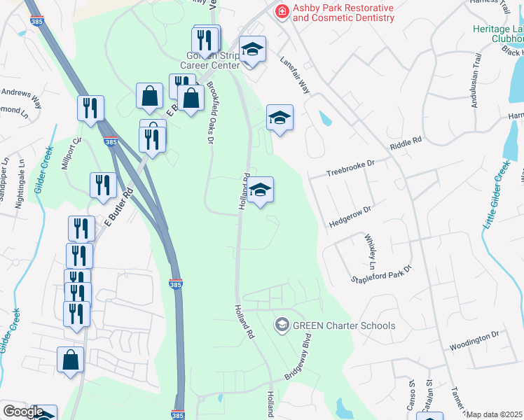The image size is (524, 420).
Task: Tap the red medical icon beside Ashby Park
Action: tap(282, 10)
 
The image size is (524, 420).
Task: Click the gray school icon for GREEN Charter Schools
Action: tap(282, 324)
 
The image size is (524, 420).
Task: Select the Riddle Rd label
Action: tap(406, 144)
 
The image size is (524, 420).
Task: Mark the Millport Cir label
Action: tap(74, 149)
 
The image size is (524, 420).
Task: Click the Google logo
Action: tap(23, 412)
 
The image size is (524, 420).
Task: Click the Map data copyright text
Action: tap(495, 414)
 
